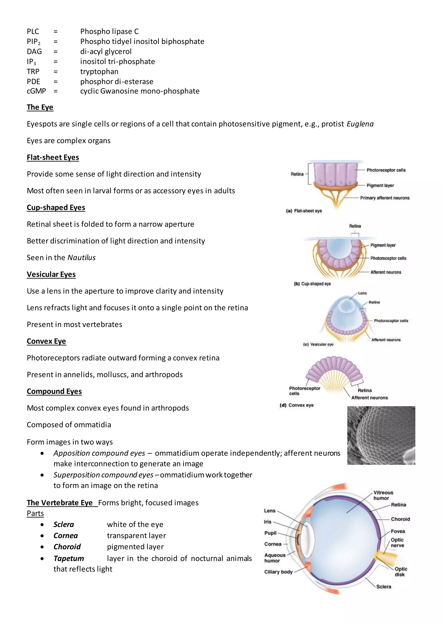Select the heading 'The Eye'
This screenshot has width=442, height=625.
point(40,107)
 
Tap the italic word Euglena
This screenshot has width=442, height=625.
point(360,124)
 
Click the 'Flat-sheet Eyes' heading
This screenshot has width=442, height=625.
point(53,157)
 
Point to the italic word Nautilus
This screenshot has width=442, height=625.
point(81,257)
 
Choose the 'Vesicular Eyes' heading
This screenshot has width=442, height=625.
point(51,274)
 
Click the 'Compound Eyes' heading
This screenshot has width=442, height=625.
point(54,391)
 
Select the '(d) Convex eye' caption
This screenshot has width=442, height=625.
point(297,405)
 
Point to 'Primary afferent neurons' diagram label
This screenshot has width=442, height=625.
point(385,198)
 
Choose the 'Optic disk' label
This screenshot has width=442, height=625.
point(401,572)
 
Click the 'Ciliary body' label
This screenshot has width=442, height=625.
point(278,572)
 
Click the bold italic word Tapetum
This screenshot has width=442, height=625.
point(69,558)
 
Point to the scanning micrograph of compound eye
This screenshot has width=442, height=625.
point(381,435)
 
